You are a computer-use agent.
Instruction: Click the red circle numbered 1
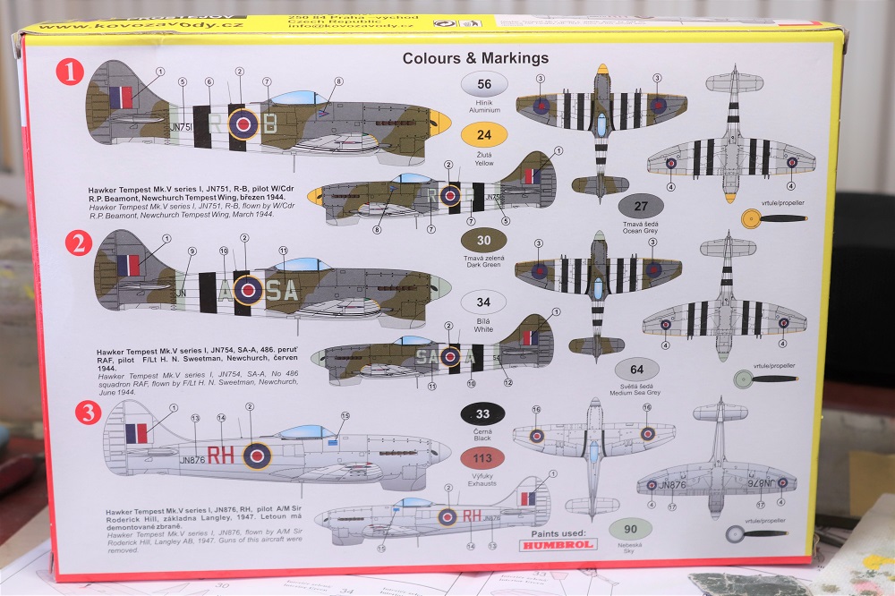pyautogui.click(x=69, y=72)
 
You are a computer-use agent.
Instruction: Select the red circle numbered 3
pyautogui.click(x=88, y=412)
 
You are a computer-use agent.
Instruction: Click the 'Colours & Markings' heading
pyautogui.click(x=475, y=58)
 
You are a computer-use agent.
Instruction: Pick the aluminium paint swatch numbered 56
pyautogui.click(x=484, y=85)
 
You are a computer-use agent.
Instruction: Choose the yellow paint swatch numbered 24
pyautogui.click(x=484, y=136)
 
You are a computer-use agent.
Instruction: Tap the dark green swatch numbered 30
pyautogui.click(x=483, y=240)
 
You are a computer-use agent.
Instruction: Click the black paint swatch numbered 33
pyautogui.click(x=483, y=413)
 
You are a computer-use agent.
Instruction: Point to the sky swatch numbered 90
pyautogui.click(x=630, y=528)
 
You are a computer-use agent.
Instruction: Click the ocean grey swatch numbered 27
pyautogui.click(x=639, y=206)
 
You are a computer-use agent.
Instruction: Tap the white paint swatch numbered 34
pyautogui.click(x=483, y=302)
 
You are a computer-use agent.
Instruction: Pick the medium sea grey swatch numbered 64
pyautogui.click(x=636, y=369)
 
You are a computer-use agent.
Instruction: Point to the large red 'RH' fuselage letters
pyautogui.click(x=221, y=456)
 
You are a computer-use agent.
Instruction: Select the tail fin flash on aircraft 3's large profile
pyautogui.click(x=136, y=434)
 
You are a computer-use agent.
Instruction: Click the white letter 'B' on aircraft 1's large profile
pyautogui.click(x=268, y=123)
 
